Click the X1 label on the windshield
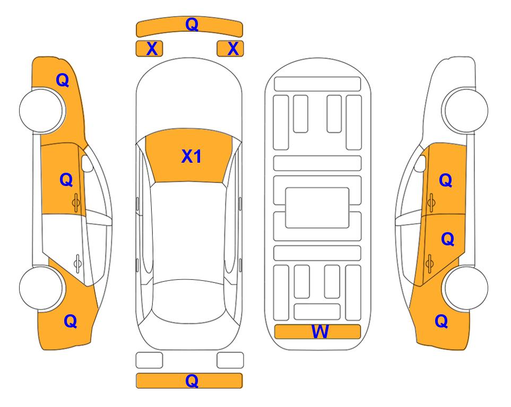(x=192, y=156)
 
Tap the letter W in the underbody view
(x=320, y=332)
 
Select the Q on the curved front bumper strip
(x=192, y=24)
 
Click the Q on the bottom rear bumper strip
(x=192, y=381)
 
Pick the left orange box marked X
(x=149, y=49)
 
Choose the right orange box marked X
(x=230, y=49)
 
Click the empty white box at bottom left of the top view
(x=149, y=360)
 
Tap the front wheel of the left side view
(x=42, y=110)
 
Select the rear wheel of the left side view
(x=41, y=288)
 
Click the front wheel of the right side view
(x=465, y=110)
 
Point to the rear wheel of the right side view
(x=466, y=288)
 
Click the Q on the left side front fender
(x=63, y=80)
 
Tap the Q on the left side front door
(x=66, y=180)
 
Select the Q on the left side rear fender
(x=71, y=321)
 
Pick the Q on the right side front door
(x=446, y=180)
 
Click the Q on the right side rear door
(x=447, y=239)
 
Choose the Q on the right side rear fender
(x=441, y=321)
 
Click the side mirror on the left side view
(x=87, y=163)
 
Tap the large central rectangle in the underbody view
(x=317, y=208)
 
